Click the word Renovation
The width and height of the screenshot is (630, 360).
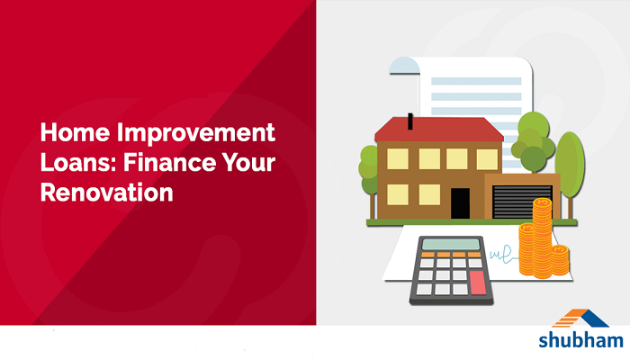click(x=107, y=193)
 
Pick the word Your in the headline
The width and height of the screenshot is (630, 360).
click(x=247, y=163)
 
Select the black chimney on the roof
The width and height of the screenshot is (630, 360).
click(x=411, y=119)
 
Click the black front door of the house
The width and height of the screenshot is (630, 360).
click(x=460, y=201)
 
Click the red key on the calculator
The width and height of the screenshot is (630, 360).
click(x=476, y=282)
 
